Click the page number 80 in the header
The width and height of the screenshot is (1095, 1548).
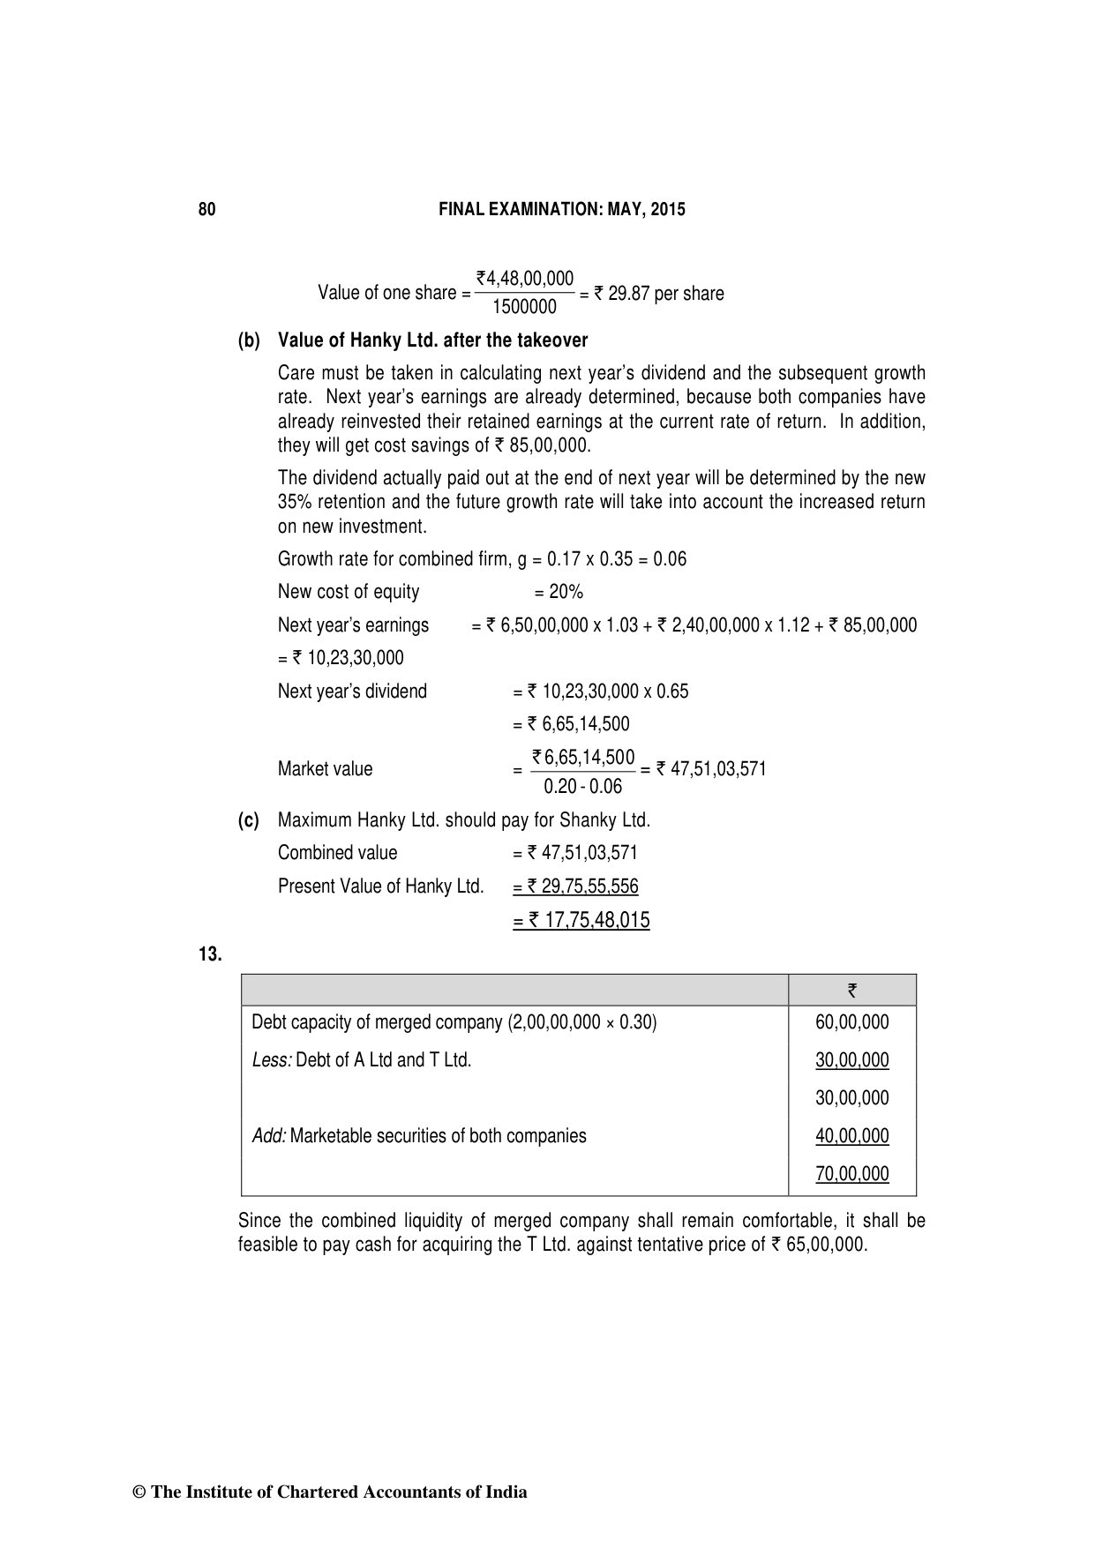[x=206, y=210]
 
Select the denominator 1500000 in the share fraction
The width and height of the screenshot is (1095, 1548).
[x=524, y=307]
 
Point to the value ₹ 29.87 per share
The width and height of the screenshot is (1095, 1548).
[x=658, y=294]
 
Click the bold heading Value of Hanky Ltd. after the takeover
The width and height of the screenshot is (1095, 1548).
[x=432, y=340]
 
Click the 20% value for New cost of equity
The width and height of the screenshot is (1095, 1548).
[x=565, y=592]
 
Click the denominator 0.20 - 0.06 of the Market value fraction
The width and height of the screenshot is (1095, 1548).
[x=582, y=786]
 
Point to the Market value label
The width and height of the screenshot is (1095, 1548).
[x=325, y=769]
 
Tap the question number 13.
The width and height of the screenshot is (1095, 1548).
[x=209, y=954]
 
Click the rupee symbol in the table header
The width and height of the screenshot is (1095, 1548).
[x=851, y=991]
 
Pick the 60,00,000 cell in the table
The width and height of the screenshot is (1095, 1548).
[x=852, y=1022]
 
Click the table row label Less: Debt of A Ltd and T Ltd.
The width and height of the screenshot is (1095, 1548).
[x=362, y=1060]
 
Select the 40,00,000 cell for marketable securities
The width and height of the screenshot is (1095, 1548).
[x=852, y=1136]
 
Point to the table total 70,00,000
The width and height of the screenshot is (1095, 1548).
[x=852, y=1174]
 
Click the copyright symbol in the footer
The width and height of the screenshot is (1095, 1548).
[x=139, y=1492]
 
